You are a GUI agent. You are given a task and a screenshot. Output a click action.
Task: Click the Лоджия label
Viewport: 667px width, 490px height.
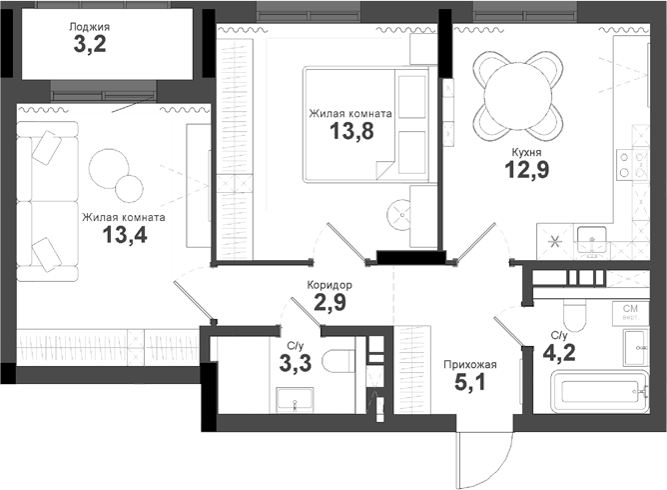(90, 27)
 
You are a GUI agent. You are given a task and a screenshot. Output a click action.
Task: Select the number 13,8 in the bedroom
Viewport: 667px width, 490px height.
(350, 133)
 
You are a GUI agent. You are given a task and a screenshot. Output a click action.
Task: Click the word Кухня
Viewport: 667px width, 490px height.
(526, 152)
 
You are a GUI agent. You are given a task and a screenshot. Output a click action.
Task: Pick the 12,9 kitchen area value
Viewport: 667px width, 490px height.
(526, 171)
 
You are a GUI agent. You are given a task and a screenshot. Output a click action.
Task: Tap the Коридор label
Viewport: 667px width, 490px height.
(330, 285)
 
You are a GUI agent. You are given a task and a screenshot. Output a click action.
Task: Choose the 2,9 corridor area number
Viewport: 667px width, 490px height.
(330, 303)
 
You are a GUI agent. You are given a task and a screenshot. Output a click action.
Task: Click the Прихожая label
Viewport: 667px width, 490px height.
(469, 364)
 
